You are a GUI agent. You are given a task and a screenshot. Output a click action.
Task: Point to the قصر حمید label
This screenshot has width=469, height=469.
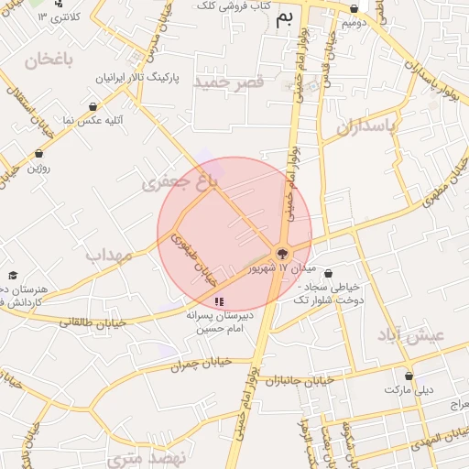(229, 82)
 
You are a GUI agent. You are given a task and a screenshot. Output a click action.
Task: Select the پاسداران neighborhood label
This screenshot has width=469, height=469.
(369, 127)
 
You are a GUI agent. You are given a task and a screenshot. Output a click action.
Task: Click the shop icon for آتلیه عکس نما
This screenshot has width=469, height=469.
(93, 107)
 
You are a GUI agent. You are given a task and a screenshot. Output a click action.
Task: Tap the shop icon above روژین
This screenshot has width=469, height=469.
(38, 153)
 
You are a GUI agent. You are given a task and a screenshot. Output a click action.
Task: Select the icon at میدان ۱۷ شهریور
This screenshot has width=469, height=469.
(281, 253)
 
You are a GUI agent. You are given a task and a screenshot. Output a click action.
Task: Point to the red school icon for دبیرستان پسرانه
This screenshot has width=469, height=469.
(218, 300)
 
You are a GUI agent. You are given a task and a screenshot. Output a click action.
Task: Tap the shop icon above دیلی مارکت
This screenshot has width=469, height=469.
(408, 376)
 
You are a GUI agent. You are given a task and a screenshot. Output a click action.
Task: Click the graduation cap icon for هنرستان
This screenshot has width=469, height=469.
(13, 275)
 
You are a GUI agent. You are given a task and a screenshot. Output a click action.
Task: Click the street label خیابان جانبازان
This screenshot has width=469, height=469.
(306, 381)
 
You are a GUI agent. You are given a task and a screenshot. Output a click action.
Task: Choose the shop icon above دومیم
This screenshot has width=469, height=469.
(354, 8)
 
